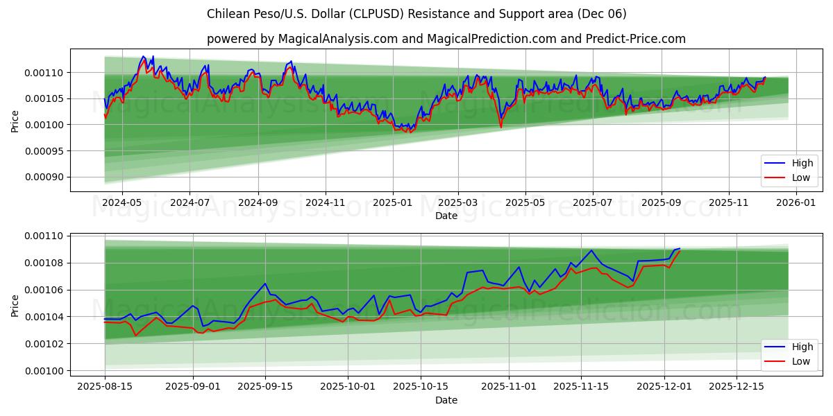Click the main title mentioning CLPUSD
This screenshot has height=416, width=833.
[416, 14]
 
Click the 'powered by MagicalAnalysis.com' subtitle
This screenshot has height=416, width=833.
[446, 39]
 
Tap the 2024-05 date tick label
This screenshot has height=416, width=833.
[122, 202]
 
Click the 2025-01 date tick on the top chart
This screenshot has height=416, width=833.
[393, 202]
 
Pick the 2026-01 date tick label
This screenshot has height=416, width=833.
[796, 202]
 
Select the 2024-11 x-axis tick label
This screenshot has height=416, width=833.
[326, 202]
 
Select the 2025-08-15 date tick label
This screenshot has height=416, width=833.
[105, 387]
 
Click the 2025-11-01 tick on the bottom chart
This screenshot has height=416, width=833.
[510, 387]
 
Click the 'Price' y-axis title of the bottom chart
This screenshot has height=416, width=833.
[15, 305]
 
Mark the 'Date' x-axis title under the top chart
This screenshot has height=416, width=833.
[446, 216]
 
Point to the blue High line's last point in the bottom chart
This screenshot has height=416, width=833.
[680, 248]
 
